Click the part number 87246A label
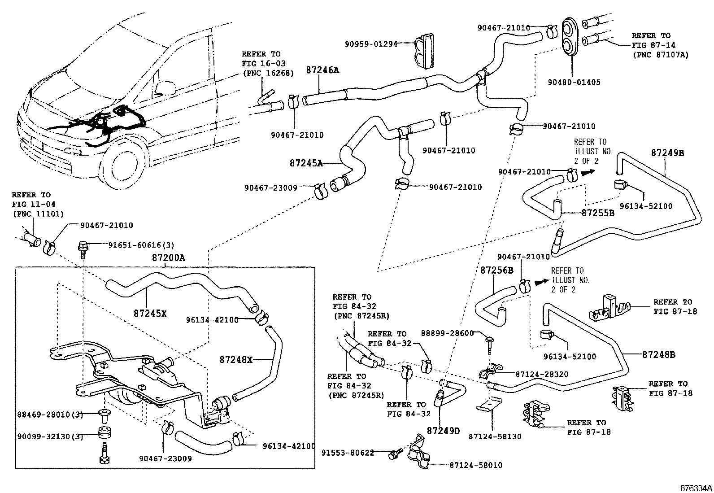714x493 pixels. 322,70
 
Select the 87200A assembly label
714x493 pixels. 168,258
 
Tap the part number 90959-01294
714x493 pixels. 371,44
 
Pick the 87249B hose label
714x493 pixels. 667,153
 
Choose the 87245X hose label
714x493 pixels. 150,314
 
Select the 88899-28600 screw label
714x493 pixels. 447,333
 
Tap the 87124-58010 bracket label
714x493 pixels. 475,465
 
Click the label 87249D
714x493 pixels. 443,431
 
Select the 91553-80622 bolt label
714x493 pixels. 347,453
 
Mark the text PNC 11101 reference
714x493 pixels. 38,214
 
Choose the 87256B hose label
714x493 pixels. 496,270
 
